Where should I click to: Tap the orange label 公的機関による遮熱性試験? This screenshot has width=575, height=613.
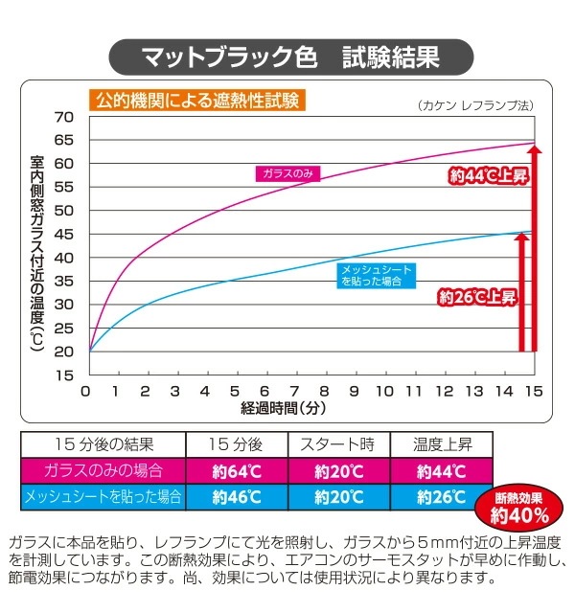(x=195, y=99)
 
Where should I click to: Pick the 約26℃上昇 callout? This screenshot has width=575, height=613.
(x=477, y=297)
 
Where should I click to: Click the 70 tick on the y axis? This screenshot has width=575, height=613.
(x=63, y=117)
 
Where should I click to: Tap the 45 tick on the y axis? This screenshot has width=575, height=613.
(x=63, y=234)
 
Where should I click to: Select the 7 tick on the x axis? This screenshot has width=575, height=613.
(x=295, y=392)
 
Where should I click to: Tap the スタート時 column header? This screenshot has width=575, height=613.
(x=338, y=445)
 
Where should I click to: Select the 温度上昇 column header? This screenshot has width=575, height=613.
(x=441, y=445)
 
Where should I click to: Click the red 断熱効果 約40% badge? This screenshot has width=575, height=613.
(x=520, y=509)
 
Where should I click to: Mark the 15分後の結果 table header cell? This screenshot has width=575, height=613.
(x=103, y=445)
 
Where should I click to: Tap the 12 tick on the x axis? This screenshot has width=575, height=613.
(x=444, y=392)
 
